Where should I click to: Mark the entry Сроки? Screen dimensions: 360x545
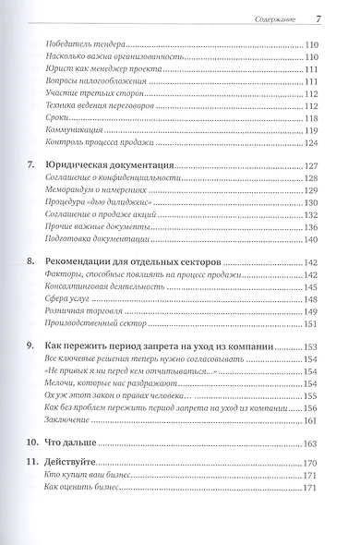pyautogui.click(x=56, y=119)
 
